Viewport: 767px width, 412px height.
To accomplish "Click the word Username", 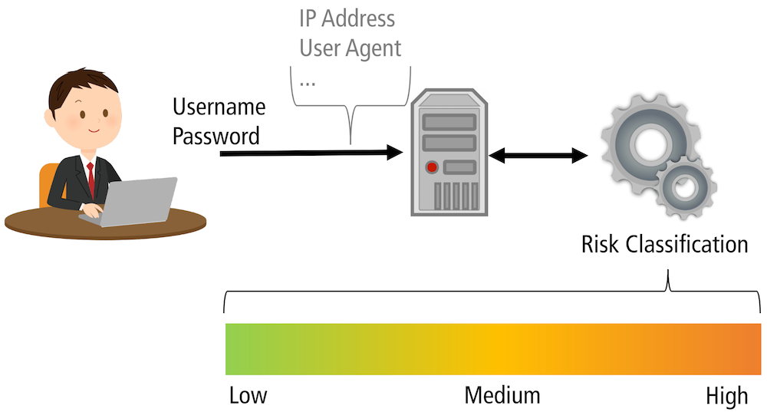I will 219,107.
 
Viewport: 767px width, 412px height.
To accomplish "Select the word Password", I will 216,137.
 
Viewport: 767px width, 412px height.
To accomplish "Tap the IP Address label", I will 347,18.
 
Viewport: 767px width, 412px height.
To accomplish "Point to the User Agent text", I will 350,48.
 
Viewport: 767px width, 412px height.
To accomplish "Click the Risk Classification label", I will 664,245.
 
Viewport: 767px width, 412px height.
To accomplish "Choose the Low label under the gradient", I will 248,396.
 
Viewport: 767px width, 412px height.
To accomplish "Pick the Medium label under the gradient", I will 502,396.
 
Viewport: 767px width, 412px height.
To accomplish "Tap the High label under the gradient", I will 726,396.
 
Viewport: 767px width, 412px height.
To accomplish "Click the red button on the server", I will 432,166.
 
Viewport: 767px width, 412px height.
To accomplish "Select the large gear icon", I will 641,142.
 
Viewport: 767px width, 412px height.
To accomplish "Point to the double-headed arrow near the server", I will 538,157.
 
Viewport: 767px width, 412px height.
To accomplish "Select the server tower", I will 448,153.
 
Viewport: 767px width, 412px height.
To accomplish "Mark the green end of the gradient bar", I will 238,349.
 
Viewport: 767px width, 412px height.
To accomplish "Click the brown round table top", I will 46,223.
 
